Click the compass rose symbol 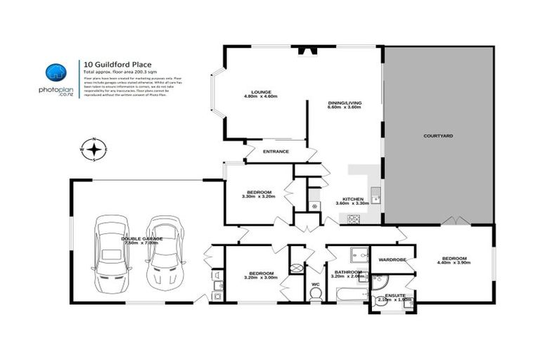click(94, 149)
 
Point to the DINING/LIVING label click(344, 103)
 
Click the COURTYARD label click(437, 135)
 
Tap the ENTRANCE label click(276, 151)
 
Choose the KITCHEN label click(352, 199)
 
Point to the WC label click(315, 284)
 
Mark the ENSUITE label click(390, 295)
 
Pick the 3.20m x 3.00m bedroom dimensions click(260, 278)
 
